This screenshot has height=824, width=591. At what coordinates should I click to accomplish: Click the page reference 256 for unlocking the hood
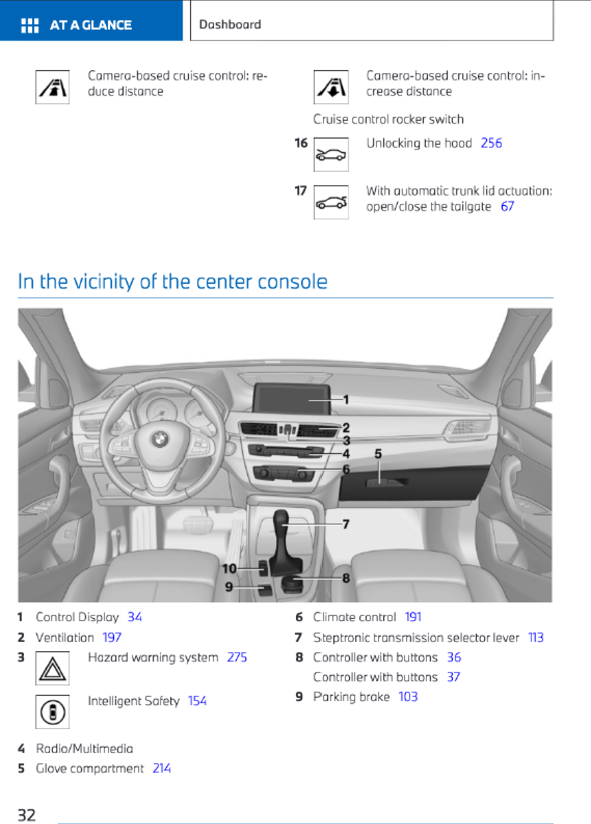pyautogui.click(x=491, y=143)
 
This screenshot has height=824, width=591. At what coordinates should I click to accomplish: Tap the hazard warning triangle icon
pyautogui.click(x=52, y=668)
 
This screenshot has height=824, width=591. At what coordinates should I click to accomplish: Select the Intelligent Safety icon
pyautogui.click(x=52, y=712)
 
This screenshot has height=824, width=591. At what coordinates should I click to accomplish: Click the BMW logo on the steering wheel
pyautogui.click(x=160, y=439)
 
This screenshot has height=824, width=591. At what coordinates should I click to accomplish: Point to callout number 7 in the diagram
pyautogui.click(x=346, y=524)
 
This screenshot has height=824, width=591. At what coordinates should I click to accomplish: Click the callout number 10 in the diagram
pyautogui.click(x=229, y=569)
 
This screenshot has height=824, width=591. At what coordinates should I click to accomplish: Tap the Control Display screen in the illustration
pyautogui.click(x=291, y=399)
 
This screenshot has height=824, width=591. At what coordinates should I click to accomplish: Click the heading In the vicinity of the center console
pyautogui.click(x=172, y=282)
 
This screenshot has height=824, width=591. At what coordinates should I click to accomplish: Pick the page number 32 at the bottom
pyautogui.click(x=27, y=815)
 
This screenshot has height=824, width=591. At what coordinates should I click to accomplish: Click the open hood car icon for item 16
pyautogui.click(x=331, y=155)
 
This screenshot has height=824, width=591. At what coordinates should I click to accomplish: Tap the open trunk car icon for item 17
pyautogui.click(x=331, y=202)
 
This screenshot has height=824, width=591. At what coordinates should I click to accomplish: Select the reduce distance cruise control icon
pyautogui.click(x=52, y=87)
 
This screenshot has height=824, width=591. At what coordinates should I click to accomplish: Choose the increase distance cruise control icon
pyautogui.click(x=331, y=87)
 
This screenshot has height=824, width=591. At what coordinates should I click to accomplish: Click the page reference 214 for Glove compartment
pyautogui.click(x=162, y=768)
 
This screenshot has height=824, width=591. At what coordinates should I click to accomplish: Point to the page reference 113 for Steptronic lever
pyautogui.click(x=535, y=638)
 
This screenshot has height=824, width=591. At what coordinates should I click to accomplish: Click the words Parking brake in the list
pyautogui.click(x=351, y=697)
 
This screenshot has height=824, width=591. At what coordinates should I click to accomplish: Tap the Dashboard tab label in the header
pyautogui.click(x=230, y=24)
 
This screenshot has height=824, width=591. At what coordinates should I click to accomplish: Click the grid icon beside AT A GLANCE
pyautogui.click(x=30, y=25)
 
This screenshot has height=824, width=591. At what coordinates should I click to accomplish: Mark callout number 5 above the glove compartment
pyautogui.click(x=378, y=454)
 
